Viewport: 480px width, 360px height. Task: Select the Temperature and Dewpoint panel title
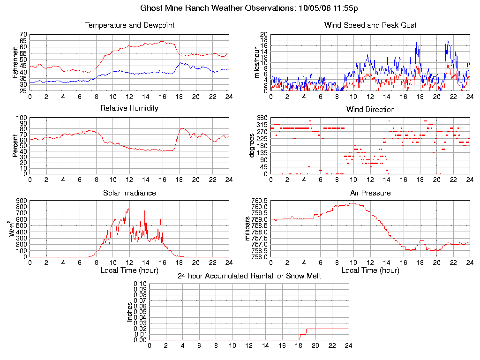click(129, 25)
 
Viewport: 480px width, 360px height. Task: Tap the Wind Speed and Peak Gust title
click(370, 25)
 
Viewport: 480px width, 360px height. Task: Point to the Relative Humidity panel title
click(129, 108)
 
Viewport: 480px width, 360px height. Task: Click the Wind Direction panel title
click(370, 110)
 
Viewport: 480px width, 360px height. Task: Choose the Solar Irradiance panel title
click(129, 193)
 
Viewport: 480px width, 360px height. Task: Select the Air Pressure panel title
click(370, 193)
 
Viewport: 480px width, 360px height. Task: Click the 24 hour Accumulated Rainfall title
click(249, 276)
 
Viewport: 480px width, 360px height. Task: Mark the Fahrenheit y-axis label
click(15, 62)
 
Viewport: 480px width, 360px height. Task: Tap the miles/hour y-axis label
click(257, 62)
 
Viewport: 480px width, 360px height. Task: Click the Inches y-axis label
click(129, 312)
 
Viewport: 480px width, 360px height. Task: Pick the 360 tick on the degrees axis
click(261, 118)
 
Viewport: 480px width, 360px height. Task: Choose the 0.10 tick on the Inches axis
click(140, 284)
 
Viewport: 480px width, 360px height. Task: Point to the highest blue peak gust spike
click(416, 38)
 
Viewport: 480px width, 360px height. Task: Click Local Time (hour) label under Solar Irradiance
click(129, 270)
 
